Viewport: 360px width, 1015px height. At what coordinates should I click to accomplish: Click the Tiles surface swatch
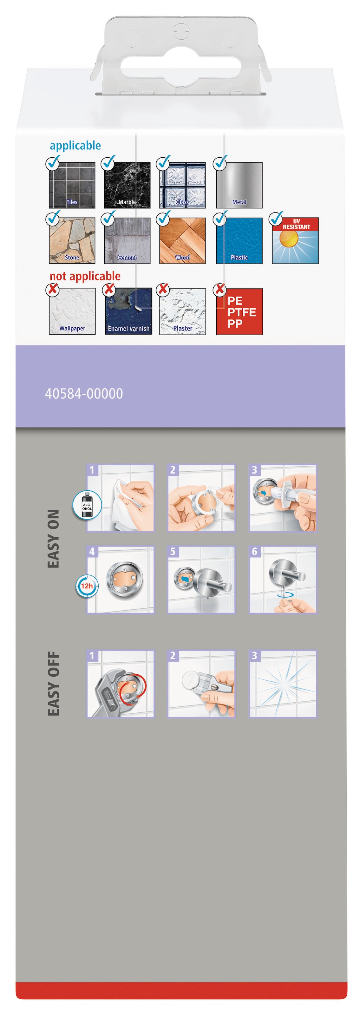[x=72, y=185]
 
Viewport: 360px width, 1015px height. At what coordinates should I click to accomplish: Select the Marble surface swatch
[x=127, y=185]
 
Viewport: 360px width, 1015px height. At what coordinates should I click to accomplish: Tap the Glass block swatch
[x=182, y=185]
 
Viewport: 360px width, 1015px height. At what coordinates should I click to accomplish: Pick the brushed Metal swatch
[x=239, y=185]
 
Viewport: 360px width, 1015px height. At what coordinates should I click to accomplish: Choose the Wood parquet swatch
[x=182, y=240]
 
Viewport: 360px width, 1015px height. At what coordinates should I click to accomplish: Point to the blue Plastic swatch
[x=239, y=240]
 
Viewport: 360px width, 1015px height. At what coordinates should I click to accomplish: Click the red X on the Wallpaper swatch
[x=52, y=290]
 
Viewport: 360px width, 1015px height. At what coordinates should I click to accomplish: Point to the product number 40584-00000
[x=84, y=394]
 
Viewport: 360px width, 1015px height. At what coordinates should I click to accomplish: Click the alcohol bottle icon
[x=87, y=505]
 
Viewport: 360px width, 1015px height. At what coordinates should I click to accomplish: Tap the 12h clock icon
[x=87, y=586]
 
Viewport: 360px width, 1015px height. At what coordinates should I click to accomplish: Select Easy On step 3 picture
[x=283, y=498]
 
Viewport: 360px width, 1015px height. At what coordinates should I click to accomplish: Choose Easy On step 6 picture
[x=283, y=580]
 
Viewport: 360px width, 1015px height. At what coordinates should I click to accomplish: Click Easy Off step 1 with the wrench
[x=121, y=684]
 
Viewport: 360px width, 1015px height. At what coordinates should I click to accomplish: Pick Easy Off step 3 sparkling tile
[x=283, y=684]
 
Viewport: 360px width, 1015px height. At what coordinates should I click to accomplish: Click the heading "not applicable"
[x=85, y=276]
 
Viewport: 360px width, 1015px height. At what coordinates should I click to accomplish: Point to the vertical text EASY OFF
[x=54, y=684]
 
